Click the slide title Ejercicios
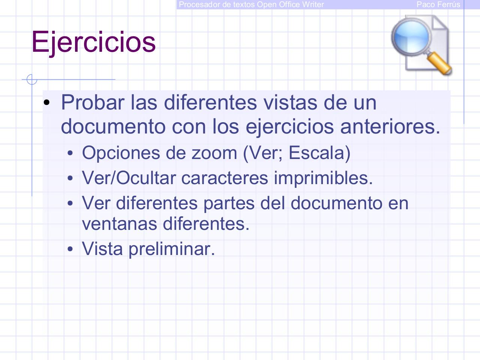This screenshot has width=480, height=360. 93,42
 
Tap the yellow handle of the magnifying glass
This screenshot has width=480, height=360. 440,63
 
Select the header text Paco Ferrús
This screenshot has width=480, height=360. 438,4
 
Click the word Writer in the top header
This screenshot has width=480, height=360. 313,4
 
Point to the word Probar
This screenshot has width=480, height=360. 92,102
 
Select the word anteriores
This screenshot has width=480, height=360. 390,127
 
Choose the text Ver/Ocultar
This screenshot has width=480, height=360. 129,178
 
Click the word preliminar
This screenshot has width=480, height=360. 171,249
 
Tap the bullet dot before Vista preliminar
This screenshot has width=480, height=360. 70,249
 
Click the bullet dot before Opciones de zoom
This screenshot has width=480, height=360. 70,154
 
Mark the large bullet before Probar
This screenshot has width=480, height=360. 46,103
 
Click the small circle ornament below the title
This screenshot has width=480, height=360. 32,79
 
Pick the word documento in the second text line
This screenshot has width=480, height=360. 113,127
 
